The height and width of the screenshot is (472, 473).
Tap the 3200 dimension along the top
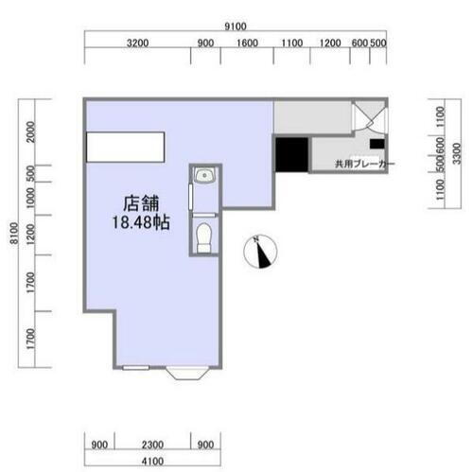138,44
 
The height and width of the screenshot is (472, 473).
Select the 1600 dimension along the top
247,44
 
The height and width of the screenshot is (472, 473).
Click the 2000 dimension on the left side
31,131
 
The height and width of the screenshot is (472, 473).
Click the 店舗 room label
139,203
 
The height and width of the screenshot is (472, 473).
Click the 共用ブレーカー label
364,165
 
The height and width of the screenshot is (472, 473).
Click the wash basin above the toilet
203,176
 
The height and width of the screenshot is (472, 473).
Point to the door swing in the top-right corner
367,118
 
